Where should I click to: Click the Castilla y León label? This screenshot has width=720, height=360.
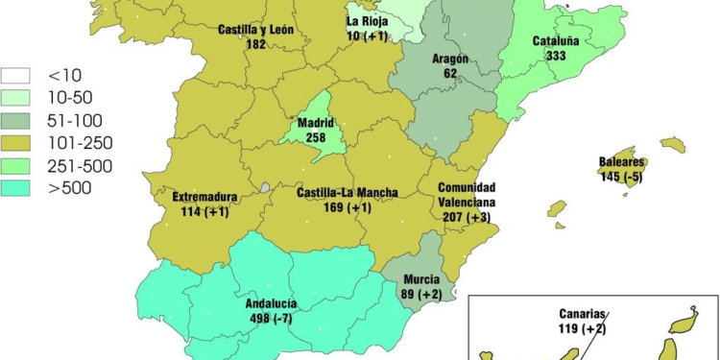pyautogui.click(x=255, y=30)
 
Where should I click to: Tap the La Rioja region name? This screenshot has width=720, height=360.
pyautogui.click(x=367, y=21)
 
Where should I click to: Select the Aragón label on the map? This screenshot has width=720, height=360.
pyautogui.click(x=449, y=59)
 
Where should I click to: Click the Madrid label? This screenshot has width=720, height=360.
pyautogui.click(x=315, y=124)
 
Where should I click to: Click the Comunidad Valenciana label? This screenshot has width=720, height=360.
pyautogui.click(x=467, y=196)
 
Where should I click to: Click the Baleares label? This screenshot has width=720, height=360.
pyautogui.click(x=623, y=162)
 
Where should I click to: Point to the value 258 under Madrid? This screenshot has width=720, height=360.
pyautogui.click(x=315, y=138)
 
